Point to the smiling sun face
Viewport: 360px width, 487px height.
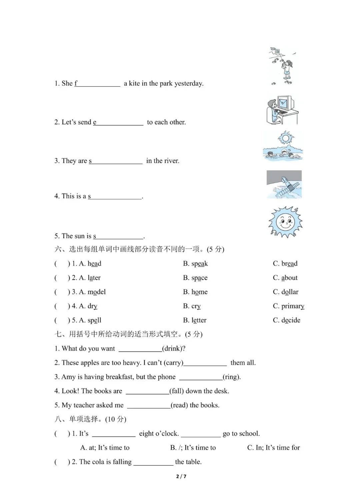[285, 222]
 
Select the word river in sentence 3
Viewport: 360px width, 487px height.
[171, 161]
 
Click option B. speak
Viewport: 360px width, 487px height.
[195, 264]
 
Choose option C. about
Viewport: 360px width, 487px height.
[285, 278]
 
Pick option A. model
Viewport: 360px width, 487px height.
[92, 292]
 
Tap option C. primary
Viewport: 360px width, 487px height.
[288, 306]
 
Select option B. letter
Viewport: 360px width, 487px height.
[195, 320]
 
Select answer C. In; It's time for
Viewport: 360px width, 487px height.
[273, 448]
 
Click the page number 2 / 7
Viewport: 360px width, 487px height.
[181, 476]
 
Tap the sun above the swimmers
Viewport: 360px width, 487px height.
[285, 138]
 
